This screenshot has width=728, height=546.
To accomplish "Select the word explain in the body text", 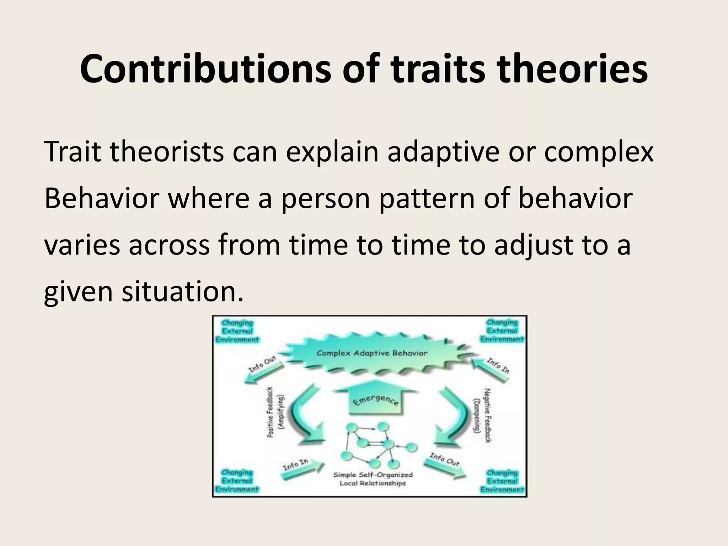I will pyautogui.click(x=332, y=152).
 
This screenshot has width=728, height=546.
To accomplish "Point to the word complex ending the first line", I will pyautogui.click(x=599, y=152).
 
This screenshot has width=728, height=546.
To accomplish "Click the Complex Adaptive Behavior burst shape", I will pyautogui.click(x=372, y=353).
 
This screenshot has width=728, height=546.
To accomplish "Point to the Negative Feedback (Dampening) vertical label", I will pyautogui.click(x=483, y=414).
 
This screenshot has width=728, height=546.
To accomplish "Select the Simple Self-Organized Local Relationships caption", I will pyautogui.click(x=373, y=479).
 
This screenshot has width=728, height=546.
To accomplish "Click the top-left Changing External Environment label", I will pyautogui.click(x=237, y=331).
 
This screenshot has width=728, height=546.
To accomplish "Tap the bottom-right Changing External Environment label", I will pyautogui.click(x=502, y=481).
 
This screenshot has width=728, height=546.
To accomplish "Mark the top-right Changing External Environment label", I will pyautogui.click(x=502, y=331).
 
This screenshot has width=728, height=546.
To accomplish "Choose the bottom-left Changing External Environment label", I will pyautogui.click(x=237, y=481).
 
